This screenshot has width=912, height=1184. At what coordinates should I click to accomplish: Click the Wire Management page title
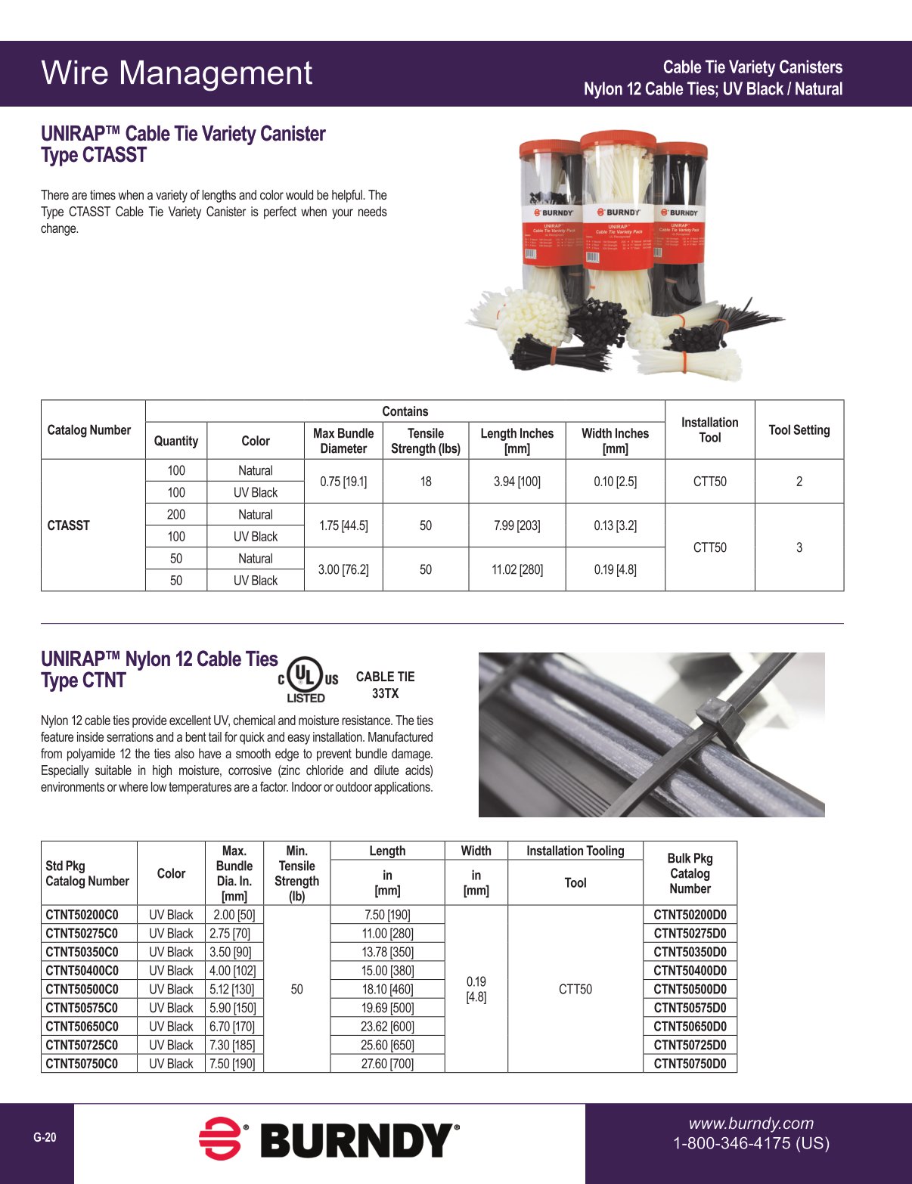click(x=176, y=73)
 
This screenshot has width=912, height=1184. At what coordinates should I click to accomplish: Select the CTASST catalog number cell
click(x=69, y=525)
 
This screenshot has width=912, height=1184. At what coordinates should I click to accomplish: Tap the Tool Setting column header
click(x=799, y=430)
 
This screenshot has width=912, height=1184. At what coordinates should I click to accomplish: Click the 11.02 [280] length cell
click(x=516, y=569)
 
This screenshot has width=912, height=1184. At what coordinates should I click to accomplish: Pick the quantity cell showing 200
click(x=175, y=515)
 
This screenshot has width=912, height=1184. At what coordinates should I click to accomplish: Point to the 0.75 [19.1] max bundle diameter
click(x=343, y=482)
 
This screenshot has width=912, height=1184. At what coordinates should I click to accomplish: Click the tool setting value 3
click(x=799, y=547)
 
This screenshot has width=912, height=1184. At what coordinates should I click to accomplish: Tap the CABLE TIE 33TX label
click(x=385, y=685)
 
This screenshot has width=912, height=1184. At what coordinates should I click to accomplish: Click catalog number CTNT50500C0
click(x=82, y=989)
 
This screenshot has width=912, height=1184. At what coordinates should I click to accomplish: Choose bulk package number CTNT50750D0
click(x=690, y=1064)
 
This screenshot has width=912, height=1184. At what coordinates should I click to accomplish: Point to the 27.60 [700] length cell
click(x=387, y=1064)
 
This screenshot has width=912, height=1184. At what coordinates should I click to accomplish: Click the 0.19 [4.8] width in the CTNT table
click(x=476, y=989)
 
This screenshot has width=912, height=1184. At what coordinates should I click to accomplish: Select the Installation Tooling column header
click(x=575, y=851)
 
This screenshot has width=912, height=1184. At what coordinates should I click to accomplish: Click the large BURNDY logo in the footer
click(x=330, y=1140)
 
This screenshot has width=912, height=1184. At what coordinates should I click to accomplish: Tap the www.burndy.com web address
click(x=751, y=1124)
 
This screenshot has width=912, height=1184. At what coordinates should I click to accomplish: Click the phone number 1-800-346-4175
click(x=751, y=1143)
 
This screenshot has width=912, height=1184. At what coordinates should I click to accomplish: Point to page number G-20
click(x=45, y=1137)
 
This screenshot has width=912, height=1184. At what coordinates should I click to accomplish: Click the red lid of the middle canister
click(x=617, y=143)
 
